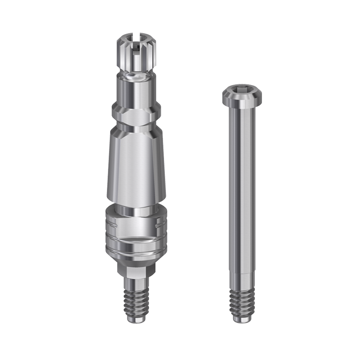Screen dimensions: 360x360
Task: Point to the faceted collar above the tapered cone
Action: tap(136, 115)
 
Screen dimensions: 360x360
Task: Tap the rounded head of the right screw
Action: tap(242, 95)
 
